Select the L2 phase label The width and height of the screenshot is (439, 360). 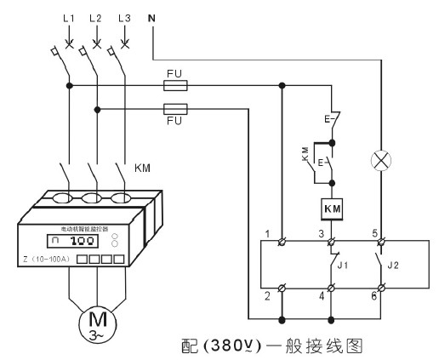pos(96,19)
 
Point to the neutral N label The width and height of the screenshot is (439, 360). pos(152,17)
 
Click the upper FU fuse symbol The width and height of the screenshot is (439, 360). pos(174,85)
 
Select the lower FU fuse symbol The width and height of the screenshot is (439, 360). pos(174,108)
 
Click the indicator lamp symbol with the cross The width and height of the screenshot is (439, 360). pos(379,159)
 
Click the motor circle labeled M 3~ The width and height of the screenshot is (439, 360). pos(89,323)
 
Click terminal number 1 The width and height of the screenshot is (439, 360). pos(266,233)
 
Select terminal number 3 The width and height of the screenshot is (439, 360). pos(322,233)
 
